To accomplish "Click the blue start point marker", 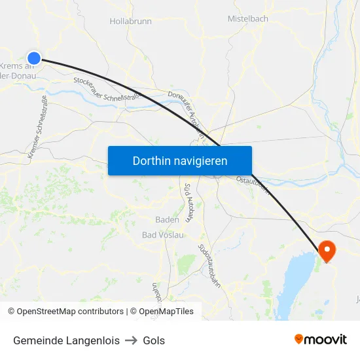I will (x=34, y=58).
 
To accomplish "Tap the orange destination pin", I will (x=326, y=250).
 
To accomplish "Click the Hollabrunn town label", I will (x=131, y=22).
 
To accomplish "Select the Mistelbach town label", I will (x=247, y=19).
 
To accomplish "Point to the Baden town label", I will (x=168, y=220).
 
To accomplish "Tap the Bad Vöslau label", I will (x=163, y=234).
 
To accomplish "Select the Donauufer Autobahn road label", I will (x=187, y=115).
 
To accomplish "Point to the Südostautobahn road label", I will (x=209, y=265).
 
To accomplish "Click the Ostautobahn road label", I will (x=253, y=183).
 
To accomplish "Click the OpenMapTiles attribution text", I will (x=166, y=312).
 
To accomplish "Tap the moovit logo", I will (x=320, y=340).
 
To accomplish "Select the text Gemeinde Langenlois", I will (x=66, y=340).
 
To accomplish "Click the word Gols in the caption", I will (x=154, y=340).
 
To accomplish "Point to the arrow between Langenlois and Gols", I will (x=131, y=340).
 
